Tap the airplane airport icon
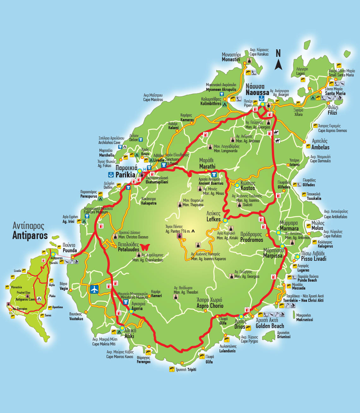click(94, 289)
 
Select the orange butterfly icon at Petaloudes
click(145, 247)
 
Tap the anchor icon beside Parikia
click(111, 174)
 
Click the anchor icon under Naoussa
click(261, 98)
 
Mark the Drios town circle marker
click(241, 316)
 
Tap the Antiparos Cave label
click(25, 299)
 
